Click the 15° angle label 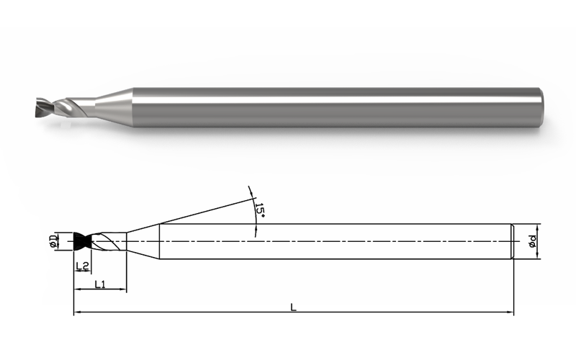(260, 210)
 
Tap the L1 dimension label (100, 284)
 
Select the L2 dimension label (82, 266)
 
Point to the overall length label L (293, 307)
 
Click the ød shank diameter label (532, 241)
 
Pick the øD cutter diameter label (53, 240)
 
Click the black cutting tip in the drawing (83, 241)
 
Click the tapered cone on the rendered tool (114, 107)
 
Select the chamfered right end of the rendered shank (541, 107)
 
